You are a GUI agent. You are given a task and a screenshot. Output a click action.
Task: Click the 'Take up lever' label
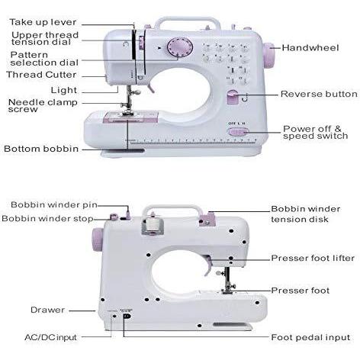click(x=43, y=22)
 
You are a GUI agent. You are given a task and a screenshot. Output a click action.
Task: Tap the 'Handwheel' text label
click(x=310, y=48)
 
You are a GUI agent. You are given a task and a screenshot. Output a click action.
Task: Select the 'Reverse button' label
click(x=319, y=94)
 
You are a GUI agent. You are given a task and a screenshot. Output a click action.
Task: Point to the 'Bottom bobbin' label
click(x=41, y=149)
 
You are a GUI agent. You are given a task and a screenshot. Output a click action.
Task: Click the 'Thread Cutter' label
click(x=41, y=75)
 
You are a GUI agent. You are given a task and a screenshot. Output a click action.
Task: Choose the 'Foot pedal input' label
click(x=310, y=338)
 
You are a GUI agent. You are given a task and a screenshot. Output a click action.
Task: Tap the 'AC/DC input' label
click(x=50, y=338)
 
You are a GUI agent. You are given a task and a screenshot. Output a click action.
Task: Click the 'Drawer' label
click(x=47, y=310)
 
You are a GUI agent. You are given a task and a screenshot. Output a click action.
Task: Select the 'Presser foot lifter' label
click(x=313, y=259)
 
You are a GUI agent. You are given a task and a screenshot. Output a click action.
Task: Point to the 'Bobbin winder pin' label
click(x=54, y=205)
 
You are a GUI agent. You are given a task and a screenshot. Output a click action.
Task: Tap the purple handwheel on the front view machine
click(x=268, y=56)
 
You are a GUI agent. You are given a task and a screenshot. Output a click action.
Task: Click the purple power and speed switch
click(x=238, y=132)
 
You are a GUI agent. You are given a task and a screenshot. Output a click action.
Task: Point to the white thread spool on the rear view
click(x=153, y=223)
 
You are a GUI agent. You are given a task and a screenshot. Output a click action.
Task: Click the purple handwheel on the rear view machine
click(x=98, y=239)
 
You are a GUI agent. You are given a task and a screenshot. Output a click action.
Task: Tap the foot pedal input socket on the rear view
click(x=127, y=316)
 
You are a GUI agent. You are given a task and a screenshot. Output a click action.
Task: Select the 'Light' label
click(x=64, y=90)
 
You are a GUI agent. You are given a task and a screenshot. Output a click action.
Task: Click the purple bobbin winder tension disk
click(x=207, y=219)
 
